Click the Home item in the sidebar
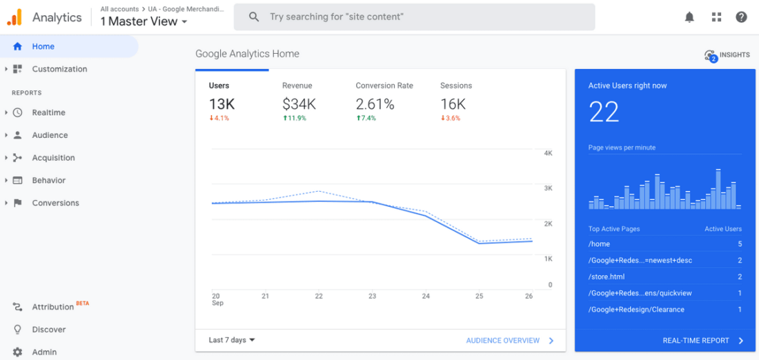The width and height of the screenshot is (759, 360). pyautogui.click(x=43, y=47)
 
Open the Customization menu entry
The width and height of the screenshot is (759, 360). pyautogui.click(x=59, y=69)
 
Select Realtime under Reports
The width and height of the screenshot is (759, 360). pyautogui.click(x=48, y=112)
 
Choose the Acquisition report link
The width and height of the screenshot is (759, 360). pyautogui.click(x=53, y=158)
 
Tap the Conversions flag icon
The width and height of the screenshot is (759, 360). pyautogui.click(x=18, y=203)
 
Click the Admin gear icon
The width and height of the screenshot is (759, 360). pyautogui.click(x=18, y=352)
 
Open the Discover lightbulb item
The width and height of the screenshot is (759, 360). pyautogui.click(x=18, y=330)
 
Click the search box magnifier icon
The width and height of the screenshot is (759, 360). pyautogui.click(x=254, y=17)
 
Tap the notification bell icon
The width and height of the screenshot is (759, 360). pyautogui.click(x=689, y=17)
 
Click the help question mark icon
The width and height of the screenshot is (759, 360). pyautogui.click(x=741, y=17)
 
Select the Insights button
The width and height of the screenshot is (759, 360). pyautogui.click(x=727, y=55)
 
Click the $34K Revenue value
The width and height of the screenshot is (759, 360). pyautogui.click(x=299, y=104)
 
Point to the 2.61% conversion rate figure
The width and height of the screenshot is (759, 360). pyautogui.click(x=375, y=104)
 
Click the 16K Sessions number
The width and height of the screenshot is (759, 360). pyautogui.click(x=453, y=104)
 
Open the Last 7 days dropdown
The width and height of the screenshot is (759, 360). pyautogui.click(x=232, y=340)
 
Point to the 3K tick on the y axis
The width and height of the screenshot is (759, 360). pyautogui.click(x=548, y=188)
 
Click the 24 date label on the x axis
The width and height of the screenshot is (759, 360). pyautogui.click(x=426, y=296)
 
